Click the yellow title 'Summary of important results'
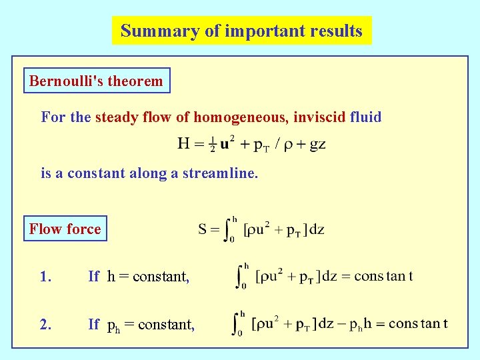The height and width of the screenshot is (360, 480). click(x=241, y=31)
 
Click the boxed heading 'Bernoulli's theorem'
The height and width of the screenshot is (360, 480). click(x=96, y=81)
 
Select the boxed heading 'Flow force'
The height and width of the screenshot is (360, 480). click(x=65, y=229)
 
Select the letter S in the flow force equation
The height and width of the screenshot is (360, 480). click(x=203, y=230)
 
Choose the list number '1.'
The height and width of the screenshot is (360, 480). click(x=45, y=277)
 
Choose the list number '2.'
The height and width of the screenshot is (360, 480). click(x=45, y=325)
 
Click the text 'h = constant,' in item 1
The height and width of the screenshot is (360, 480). click(x=148, y=277)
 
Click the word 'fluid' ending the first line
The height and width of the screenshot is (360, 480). click(x=366, y=118)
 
